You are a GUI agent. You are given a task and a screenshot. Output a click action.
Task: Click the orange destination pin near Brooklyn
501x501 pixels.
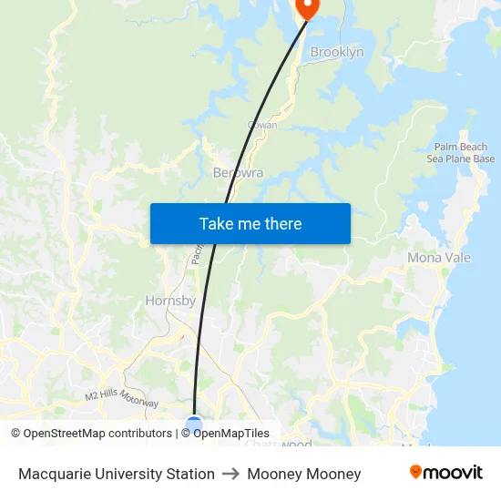click(x=307, y=7)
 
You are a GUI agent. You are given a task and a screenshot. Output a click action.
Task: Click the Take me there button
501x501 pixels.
click(x=250, y=223)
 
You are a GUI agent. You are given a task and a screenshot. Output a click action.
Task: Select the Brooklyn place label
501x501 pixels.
click(x=336, y=52)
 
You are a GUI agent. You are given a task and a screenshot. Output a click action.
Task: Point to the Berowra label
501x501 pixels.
click(x=238, y=172)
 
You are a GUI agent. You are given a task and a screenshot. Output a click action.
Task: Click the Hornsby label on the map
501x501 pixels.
click(x=170, y=301)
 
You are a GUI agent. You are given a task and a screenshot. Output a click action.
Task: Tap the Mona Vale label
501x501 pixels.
click(x=438, y=258)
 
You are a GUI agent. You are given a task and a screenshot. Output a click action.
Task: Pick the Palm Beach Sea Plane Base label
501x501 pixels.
click(x=460, y=153)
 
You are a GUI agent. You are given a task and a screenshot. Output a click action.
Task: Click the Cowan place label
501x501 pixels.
click(x=262, y=125)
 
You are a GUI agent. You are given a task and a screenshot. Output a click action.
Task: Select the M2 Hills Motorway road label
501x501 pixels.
click(x=121, y=398)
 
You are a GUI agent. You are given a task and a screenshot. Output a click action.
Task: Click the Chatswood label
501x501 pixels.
click(x=278, y=445)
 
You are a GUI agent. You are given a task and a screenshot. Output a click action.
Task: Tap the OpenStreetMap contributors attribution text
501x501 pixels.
click(x=91, y=434)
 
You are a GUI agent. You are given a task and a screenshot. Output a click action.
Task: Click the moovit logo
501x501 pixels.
click(x=445, y=473)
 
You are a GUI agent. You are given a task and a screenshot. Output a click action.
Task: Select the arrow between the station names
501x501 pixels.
click(x=230, y=474)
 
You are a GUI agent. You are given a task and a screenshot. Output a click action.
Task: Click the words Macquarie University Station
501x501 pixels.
click(x=116, y=474)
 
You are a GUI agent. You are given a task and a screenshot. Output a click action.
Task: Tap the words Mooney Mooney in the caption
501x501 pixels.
click(x=303, y=474)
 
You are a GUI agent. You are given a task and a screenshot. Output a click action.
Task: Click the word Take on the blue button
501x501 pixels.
click(x=216, y=223)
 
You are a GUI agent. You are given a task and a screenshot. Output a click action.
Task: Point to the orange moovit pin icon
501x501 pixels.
click(x=416, y=472)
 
